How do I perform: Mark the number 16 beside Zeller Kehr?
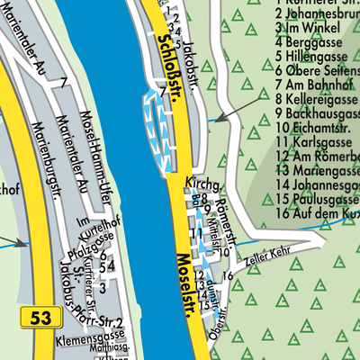(229, 274)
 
